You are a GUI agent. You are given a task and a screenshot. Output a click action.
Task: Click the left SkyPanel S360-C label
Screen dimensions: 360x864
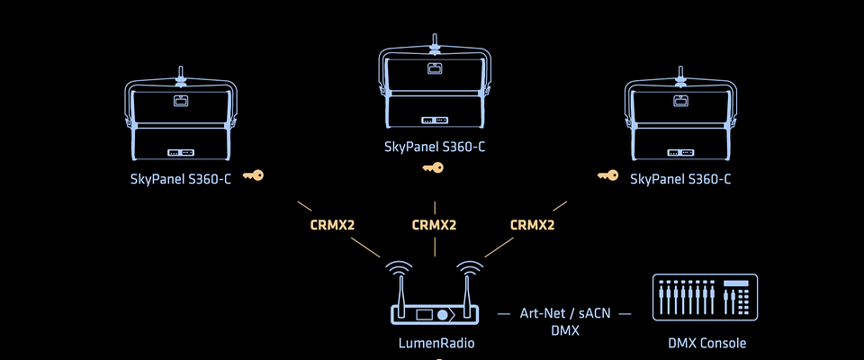(180, 179)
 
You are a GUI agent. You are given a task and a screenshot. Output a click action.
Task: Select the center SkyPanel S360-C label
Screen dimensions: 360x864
(435, 147)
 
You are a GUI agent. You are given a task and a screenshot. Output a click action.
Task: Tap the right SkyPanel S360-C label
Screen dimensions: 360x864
(680, 179)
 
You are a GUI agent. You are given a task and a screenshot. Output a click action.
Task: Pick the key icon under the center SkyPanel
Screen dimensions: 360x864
(434, 167)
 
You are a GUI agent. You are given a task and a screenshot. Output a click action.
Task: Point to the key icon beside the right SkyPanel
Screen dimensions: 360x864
(608, 175)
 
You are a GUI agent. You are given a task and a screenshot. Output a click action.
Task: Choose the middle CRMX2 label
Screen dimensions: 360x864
(434, 225)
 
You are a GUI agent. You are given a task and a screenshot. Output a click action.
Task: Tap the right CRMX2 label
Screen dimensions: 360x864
(532, 225)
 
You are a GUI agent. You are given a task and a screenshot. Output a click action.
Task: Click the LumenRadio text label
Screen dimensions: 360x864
(436, 343)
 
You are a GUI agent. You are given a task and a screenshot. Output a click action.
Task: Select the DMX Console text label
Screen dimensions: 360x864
(706, 343)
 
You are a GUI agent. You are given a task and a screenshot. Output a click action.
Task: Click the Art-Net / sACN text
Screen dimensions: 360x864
(563, 314)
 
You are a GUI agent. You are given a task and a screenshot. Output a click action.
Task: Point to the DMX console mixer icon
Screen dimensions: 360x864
(705, 297)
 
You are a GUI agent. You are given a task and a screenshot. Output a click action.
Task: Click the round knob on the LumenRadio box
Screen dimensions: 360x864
(444, 315)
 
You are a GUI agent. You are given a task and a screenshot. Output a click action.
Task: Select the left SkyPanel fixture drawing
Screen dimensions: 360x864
(180, 117)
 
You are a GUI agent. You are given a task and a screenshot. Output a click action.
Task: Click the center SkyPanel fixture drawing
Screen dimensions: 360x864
(435, 85)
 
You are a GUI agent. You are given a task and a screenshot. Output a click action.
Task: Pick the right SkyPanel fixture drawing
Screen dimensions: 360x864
(680, 117)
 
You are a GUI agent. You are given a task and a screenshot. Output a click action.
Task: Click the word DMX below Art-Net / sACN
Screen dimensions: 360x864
(563, 330)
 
